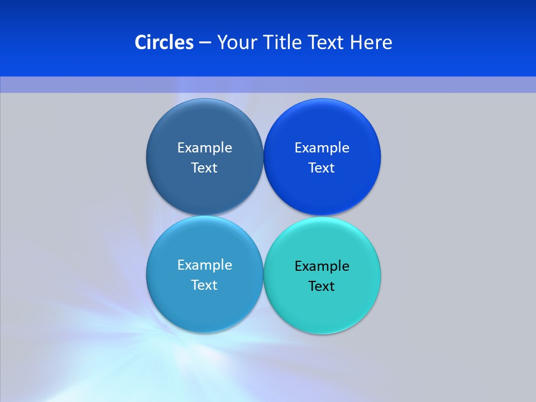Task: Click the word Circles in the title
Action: click(164, 42)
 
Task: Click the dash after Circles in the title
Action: click(205, 43)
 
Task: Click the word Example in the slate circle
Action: click(204, 148)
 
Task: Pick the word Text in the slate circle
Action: click(204, 168)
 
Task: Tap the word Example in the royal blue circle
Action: click(322, 148)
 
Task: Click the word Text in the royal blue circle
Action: click(322, 168)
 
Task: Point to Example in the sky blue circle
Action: click(204, 265)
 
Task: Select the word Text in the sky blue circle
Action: click(204, 285)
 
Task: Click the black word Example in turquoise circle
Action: click(322, 266)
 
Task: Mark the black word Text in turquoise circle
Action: click(322, 286)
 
